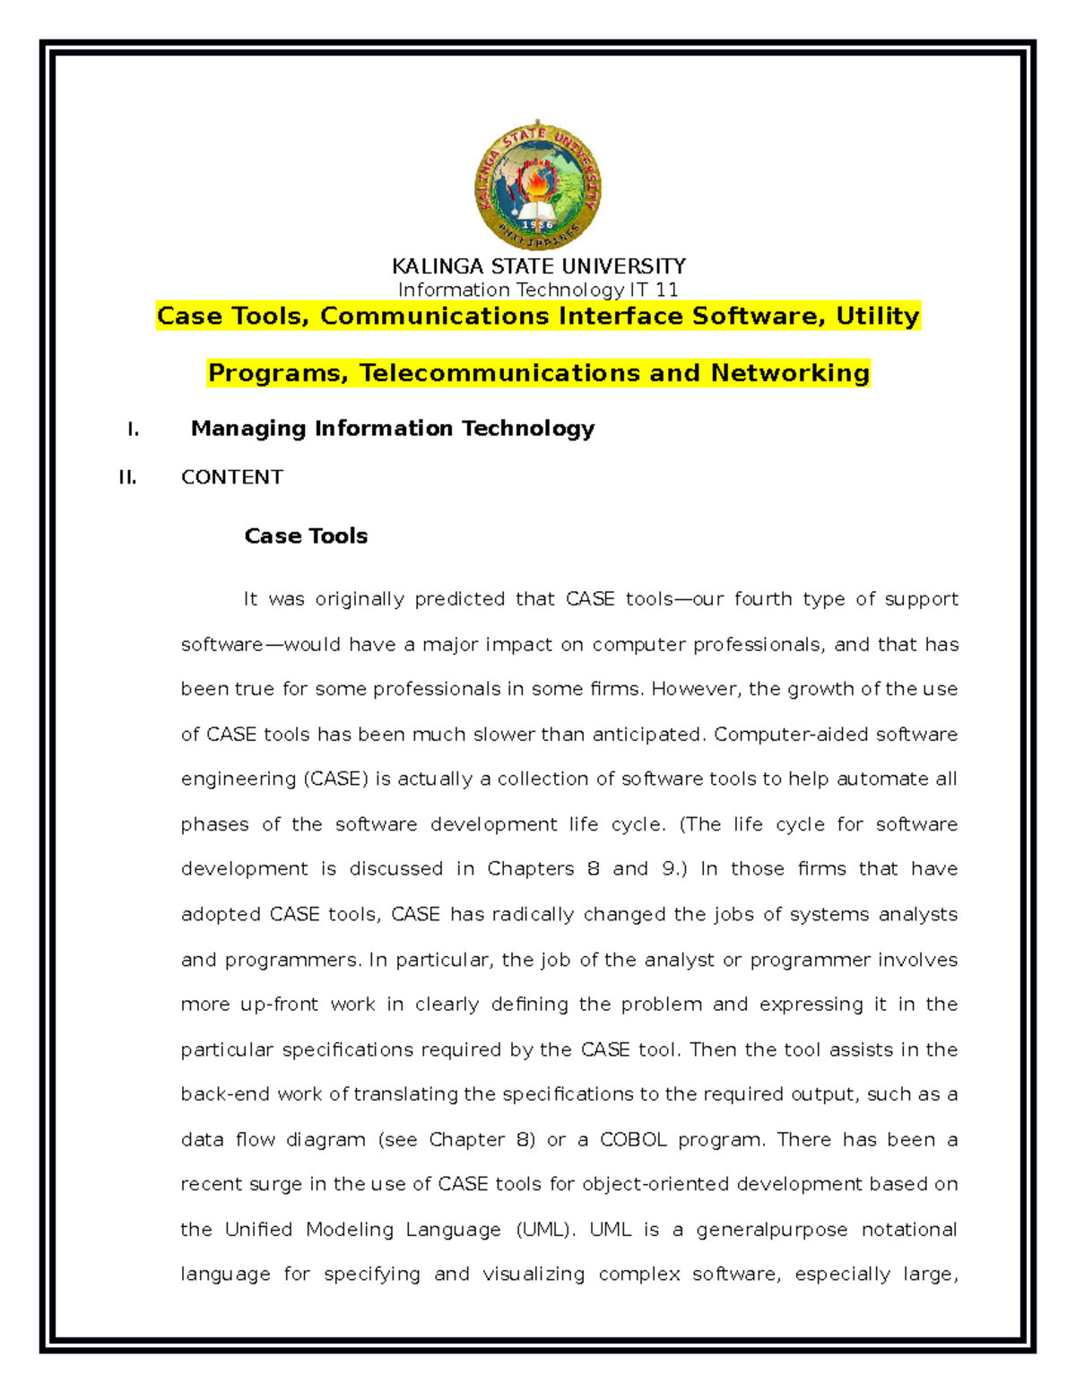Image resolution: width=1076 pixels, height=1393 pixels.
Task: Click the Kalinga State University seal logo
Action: pos(537,186)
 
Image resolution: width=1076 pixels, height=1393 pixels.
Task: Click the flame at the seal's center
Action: pos(537,183)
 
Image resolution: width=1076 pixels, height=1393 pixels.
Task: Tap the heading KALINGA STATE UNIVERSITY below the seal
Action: pos(538,266)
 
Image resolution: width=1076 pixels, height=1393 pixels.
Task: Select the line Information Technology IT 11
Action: pos(538,290)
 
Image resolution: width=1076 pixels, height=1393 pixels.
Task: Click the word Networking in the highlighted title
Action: pos(790,373)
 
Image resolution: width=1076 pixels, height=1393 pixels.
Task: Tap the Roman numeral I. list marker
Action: pos(133,430)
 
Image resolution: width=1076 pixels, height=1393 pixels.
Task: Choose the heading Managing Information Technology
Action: pos(393,429)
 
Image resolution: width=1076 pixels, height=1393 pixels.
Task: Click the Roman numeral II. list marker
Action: pos(128,478)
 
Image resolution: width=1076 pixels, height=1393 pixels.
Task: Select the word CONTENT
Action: pos(232,477)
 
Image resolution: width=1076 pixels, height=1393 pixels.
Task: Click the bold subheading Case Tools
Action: pos(306,536)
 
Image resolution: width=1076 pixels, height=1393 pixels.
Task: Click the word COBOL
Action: pos(633,1140)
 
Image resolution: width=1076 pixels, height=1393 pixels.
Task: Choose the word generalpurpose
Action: pos(771,1230)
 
